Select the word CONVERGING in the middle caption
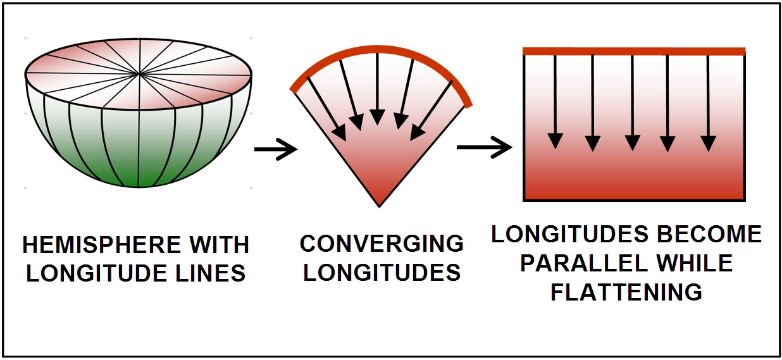click(x=382, y=244)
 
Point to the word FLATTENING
click(x=626, y=292)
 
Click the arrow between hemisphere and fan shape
click(x=276, y=150)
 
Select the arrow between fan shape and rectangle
click(x=484, y=149)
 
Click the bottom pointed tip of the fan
click(x=378, y=204)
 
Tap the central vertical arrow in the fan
click(x=378, y=89)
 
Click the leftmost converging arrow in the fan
click(x=326, y=108)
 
